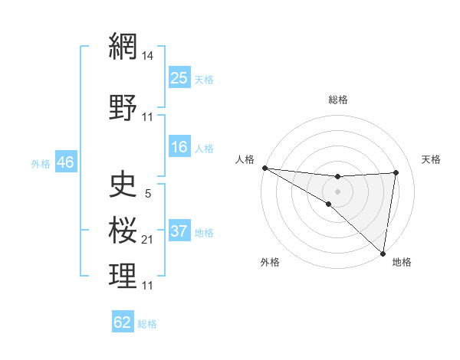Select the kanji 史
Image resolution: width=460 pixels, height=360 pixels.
click(123, 184)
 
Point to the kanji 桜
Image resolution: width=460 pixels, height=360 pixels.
click(123, 230)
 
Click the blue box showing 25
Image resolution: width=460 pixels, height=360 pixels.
click(179, 77)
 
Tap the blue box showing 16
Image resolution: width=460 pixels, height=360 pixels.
click(179, 148)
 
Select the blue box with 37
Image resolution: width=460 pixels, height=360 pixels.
click(179, 231)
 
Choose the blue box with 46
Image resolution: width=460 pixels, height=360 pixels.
click(64, 162)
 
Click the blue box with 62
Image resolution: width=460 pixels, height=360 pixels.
click(123, 322)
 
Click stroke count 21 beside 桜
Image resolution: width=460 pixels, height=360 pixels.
click(148, 240)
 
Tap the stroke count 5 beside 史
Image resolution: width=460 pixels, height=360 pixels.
click(148, 193)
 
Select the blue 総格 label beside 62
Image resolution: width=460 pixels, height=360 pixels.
click(148, 324)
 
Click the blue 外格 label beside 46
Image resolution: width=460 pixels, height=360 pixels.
click(41, 164)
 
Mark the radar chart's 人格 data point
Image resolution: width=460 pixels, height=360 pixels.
click(264, 167)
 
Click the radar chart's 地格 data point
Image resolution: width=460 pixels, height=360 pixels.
click(383, 254)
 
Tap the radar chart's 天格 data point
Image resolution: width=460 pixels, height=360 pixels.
click(396, 172)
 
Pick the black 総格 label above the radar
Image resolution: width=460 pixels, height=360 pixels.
click(337, 100)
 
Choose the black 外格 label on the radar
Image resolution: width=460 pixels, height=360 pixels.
click(270, 262)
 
